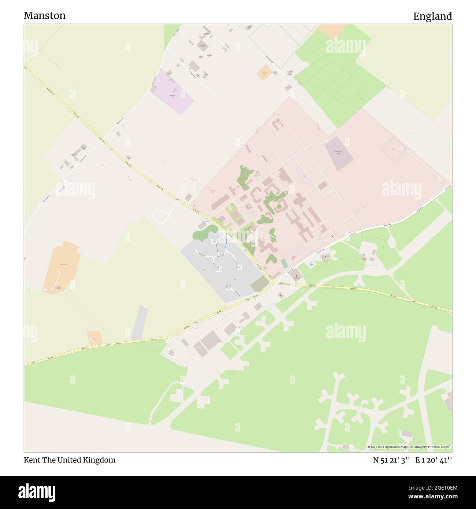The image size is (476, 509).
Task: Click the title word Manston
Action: point(45,15)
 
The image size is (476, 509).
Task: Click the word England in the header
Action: point(432,16)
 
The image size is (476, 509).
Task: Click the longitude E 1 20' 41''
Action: point(434,460)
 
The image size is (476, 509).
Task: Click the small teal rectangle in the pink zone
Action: point(284,263)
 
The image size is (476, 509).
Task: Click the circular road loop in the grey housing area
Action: point(230,289)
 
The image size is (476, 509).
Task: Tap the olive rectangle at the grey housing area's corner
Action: point(259,284)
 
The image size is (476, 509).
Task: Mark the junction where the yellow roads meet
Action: point(273,283)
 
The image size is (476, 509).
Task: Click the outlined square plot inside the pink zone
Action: point(394,150)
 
